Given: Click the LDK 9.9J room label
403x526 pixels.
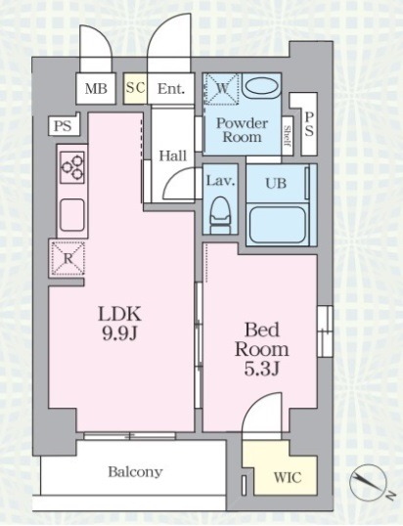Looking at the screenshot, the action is pyautogui.click(x=119, y=323).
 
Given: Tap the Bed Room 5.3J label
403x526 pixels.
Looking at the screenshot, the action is pyautogui.click(x=262, y=349).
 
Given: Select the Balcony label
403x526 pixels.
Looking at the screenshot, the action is pyautogui.click(x=135, y=472).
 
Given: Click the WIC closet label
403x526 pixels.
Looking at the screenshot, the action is pyautogui.click(x=288, y=477).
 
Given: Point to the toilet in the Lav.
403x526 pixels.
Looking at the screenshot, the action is pyautogui.click(x=220, y=215).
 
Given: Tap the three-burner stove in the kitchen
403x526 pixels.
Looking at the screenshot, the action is pyautogui.click(x=71, y=167).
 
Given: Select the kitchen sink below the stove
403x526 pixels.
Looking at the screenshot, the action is pyautogui.click(x=71, y=215).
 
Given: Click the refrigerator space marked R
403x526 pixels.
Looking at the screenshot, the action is pyautogui.click(x=67, y=258).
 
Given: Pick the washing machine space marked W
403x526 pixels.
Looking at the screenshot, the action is pyautogui.click(x=221, y=89).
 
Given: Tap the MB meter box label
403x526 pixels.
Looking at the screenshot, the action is pyautogui.click(x=96, y=89).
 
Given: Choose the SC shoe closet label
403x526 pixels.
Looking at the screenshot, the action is pyautogui.click(x=135, y=88).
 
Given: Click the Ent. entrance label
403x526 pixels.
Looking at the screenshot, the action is pyautogui.click(x=171, y=89).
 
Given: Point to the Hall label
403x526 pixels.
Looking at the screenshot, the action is pyautogui.click(x=172, y=156).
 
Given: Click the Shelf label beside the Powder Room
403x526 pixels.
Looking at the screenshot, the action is pyautogui.click(x=288, y=136).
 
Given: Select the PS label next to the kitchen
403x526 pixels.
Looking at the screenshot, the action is pyautogui.click(x=63, y=126).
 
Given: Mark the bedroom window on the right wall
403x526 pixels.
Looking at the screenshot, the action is pyautogui.click(x=325, y=331).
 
